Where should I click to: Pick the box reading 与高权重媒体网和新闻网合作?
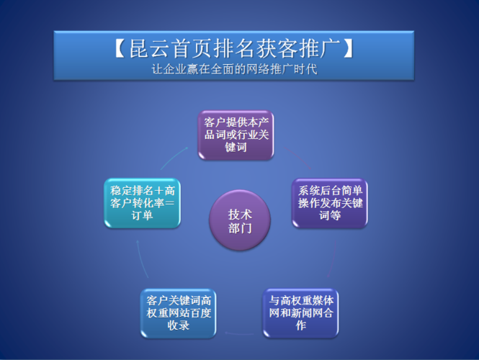pos(300,312)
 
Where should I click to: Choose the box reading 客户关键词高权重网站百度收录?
pos(177,312)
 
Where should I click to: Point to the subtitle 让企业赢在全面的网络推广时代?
pos(235,71)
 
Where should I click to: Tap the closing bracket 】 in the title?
pos(350,49)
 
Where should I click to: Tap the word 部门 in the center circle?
pos(239,228)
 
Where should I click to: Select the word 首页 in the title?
pos(194,49)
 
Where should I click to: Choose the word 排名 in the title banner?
pos(236,49)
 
